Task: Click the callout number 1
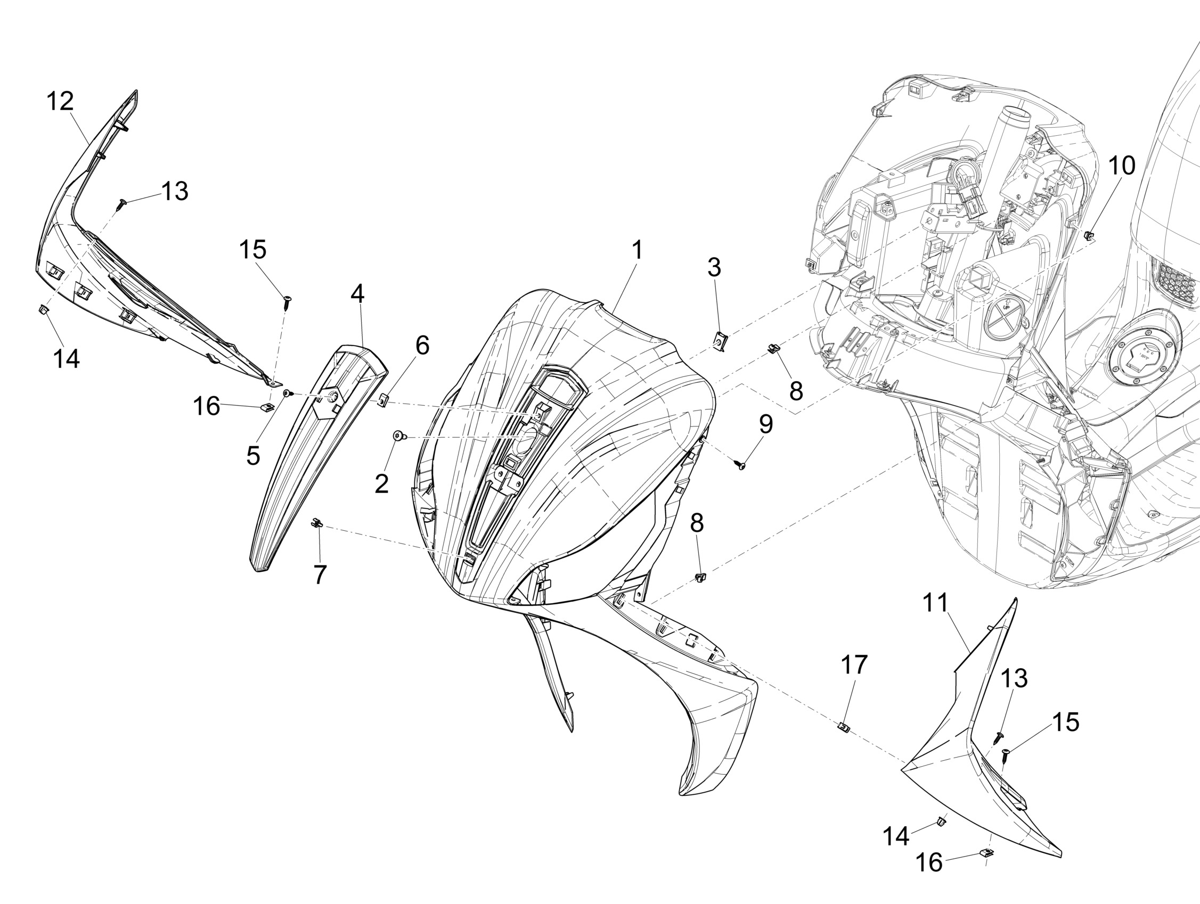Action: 638,251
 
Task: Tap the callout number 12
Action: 60,101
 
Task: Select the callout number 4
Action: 357,294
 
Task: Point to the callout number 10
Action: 1121,166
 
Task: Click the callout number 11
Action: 936,603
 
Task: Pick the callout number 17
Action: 854,665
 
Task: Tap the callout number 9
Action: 765,425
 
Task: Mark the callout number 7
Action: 320,575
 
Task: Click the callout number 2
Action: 381,484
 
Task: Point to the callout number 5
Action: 253,456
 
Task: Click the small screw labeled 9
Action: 739,464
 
